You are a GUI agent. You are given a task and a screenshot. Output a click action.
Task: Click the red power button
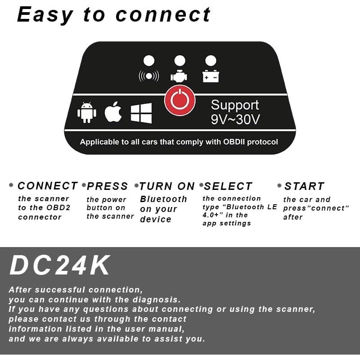(180, 100)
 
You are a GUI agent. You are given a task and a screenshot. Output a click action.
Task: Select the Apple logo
(113, 112)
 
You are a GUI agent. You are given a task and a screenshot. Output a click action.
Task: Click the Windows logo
(141, 113)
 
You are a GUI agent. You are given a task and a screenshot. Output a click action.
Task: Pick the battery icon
(211, 76)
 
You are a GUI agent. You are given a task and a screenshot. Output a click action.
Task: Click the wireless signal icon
(149, 76)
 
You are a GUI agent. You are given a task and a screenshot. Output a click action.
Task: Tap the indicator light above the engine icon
(180, 61)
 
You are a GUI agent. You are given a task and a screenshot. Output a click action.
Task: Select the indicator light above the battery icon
(211, 61)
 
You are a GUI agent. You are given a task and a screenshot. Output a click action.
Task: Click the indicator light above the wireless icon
(149, 61)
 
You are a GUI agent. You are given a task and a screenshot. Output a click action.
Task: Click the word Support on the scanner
(235, 105)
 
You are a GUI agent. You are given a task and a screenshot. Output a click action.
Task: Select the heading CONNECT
(48, 186)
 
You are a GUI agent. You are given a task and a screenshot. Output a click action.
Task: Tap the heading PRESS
(108, 186)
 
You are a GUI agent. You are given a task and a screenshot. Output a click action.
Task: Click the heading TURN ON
(167, 186)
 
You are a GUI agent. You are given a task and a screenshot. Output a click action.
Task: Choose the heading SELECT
(229, 186)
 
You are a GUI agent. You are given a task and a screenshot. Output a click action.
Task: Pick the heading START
(304, 186)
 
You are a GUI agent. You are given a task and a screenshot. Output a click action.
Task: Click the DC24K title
(60, 266)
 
